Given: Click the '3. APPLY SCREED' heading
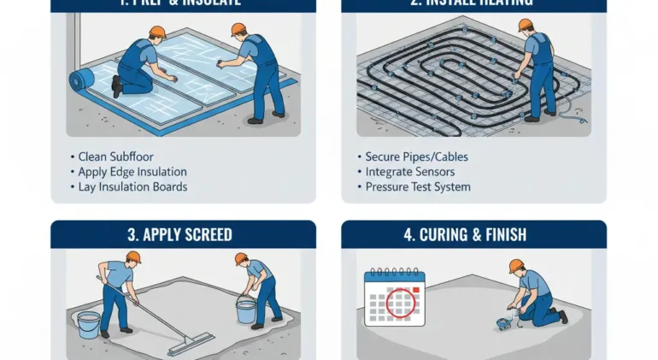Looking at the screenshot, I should tap(183, 234).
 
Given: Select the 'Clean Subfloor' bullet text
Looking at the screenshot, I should tap(111, 157).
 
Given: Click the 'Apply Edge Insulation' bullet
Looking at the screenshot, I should tap(132, 172).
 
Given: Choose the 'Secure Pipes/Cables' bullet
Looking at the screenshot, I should tap(416, 157).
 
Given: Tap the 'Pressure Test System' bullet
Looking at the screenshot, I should tap(417, 186).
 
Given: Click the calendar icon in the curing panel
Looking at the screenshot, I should tap(394, 297).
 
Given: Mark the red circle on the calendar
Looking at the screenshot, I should tap(401, 302).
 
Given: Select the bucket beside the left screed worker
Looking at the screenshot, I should tap(88, 324).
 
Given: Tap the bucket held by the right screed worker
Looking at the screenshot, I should tap(246, 310).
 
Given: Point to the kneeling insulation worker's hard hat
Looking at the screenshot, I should tap(156, 32).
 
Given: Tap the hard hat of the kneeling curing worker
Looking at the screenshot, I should tap(515, 266).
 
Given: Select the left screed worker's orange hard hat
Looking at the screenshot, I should tap(132, 257).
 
